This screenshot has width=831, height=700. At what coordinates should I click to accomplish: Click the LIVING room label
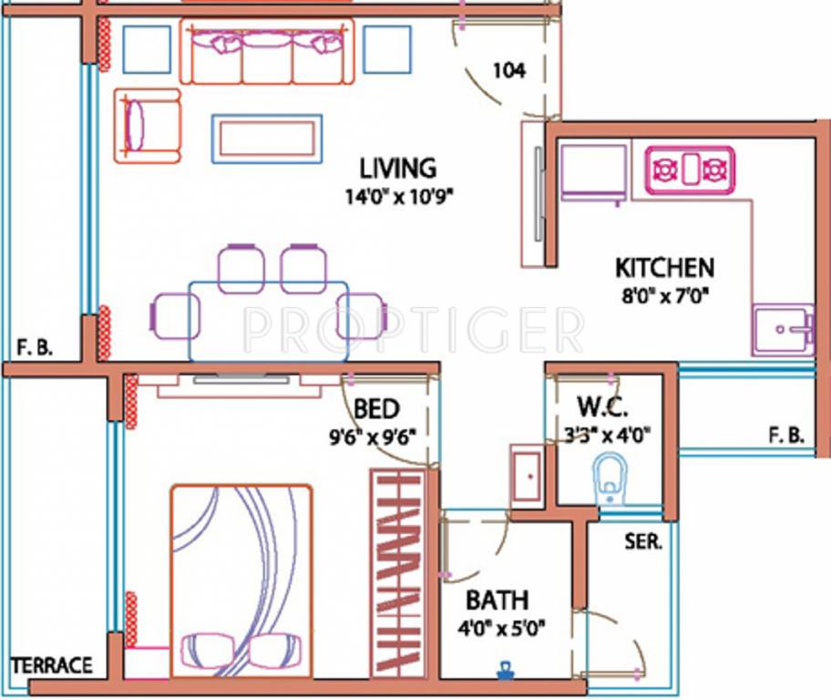pos(397,168)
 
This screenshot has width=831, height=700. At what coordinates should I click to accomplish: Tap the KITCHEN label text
pos(664,268)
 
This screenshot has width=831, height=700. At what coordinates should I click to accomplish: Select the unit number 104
pos(509,71)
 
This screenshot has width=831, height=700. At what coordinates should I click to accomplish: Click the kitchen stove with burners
pos(690,170)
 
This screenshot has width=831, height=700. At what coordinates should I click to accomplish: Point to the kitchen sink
pos(782,328)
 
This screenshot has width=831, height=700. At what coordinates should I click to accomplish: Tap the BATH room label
pos(497,601)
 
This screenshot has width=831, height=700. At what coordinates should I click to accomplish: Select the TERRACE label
pos(51,664)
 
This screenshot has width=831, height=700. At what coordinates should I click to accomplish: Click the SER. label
pos(643,540)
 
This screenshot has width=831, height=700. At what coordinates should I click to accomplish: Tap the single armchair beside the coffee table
pos(148,126)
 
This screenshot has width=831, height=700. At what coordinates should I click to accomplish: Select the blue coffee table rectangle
pos(267,139)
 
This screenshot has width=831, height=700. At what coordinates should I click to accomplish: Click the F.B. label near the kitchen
pos(785,436)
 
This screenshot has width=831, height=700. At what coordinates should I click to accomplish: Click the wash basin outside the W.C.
pos(527,475)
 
